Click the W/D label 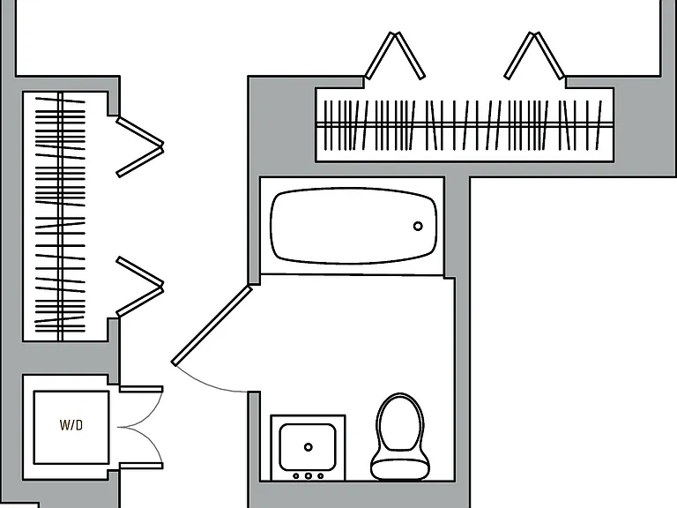[71, 425]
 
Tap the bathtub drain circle [418, 226]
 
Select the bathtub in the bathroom [353, 226]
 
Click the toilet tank [400, 469]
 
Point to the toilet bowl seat [400, 422]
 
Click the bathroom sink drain [309, 447]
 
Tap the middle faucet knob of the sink [309, 476]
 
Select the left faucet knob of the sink [296, 476]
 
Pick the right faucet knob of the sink [320, 476]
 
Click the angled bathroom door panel [212, 325]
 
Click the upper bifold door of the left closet [140, 147]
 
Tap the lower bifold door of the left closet [140, 287]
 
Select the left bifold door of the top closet [395, 56]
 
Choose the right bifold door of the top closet [534, 56]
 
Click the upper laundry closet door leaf [141, 389]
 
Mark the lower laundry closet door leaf [141, 466]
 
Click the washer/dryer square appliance [71, 427]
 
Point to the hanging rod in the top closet [465, 125]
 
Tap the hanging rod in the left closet [61, 216]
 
